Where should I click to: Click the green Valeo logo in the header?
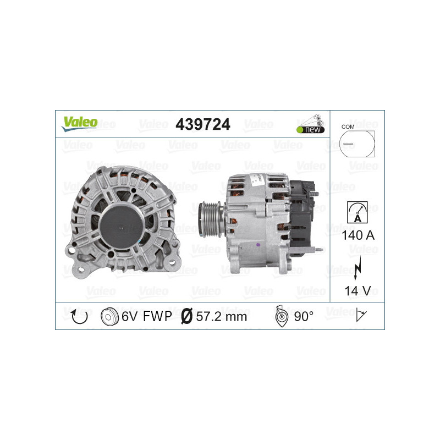pyautogui.click(x=79, y=123)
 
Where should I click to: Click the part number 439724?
pyautogui.click(x=202, y=125)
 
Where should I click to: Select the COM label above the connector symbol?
pyautogui.click(x=347, y=127)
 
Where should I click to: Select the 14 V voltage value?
pyautogui.click(x=356, y=290)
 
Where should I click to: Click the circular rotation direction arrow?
pyautogui.click(x=80, y=316)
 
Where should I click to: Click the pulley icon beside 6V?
pyautogui.click(x=111, y=316)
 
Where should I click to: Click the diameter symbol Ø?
pyautogui.click(x=186, y=316)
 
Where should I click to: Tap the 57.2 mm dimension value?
pyautogui.click(x=222, y=316)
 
